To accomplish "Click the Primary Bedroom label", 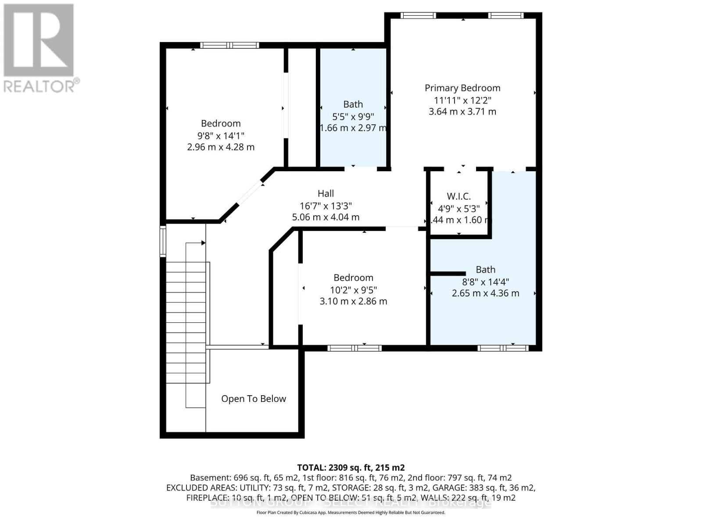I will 462,88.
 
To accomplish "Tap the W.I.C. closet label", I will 458,196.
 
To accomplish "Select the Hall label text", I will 326,193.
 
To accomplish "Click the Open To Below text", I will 254,399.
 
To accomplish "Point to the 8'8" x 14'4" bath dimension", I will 485,282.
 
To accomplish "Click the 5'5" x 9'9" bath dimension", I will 353,116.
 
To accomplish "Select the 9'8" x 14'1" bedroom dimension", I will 221,135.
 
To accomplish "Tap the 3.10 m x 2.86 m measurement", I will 353,301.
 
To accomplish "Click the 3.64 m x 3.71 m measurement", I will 462,112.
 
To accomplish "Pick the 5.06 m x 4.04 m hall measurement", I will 326,217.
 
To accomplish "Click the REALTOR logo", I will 39,48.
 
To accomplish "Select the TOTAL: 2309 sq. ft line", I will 351,468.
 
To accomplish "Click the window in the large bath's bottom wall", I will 502,348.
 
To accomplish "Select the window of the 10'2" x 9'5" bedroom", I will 355,348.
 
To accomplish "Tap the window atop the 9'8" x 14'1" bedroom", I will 229,45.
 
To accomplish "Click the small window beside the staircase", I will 163,241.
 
